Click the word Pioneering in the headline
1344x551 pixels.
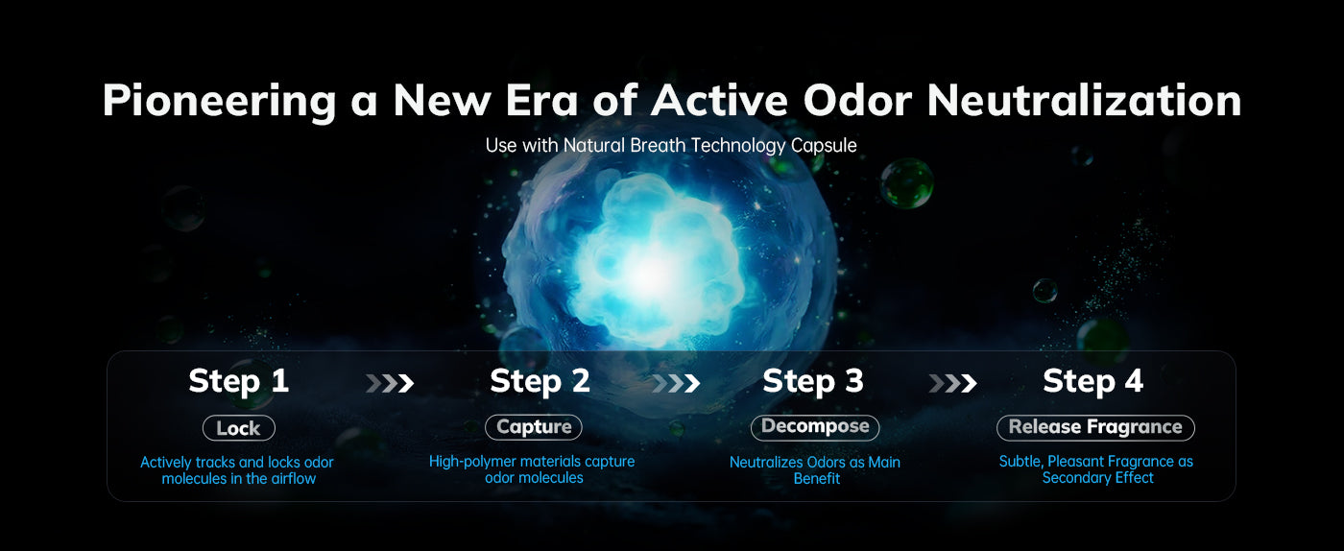pos(219,101)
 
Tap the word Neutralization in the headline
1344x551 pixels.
pos(1084,100)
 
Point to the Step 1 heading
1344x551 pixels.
pos(239,381)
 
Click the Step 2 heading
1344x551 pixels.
pos(540,381)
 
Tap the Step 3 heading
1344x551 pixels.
pos(813,381)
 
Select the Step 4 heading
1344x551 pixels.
pos(1092,381)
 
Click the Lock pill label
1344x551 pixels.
pos(239,428)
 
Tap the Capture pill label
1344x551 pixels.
pos(534,427)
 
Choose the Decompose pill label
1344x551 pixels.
pos(815,427)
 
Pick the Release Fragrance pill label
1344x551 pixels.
pos(1095,427)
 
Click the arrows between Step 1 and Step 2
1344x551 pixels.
pos(390,383)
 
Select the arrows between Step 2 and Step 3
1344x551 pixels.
pos(676,383)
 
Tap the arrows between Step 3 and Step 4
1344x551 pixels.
pos(952,383)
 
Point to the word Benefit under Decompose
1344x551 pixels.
pos(817,478)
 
